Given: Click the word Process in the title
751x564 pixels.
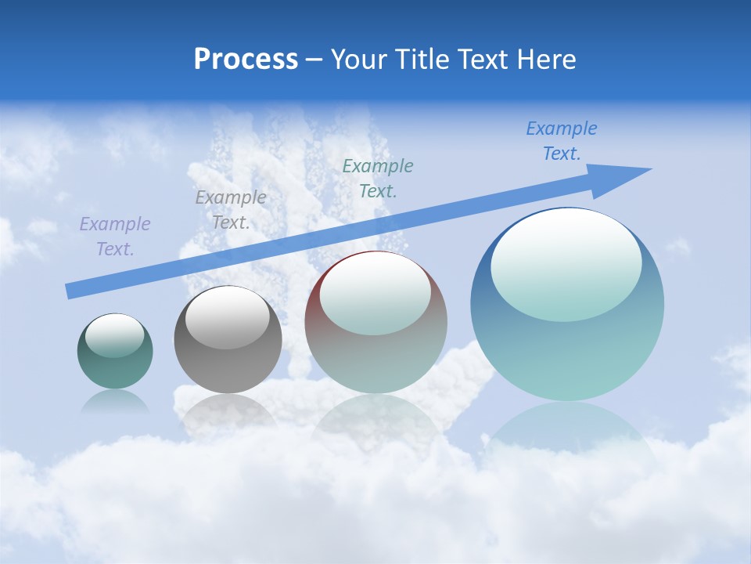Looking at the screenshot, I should pos(246,60).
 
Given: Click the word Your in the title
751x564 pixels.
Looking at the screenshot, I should pos(356,60).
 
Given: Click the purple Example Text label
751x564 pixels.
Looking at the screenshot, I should pos(115,237).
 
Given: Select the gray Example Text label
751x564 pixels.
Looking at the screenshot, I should pos(230,210).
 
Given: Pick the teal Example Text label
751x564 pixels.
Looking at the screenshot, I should pos(378,178).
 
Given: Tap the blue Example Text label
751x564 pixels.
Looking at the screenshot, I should pos(562,141).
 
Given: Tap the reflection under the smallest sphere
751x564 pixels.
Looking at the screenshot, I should pos(115,403).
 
